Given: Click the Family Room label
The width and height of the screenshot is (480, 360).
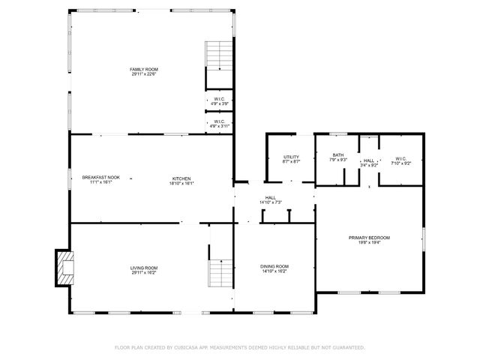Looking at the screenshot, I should tap(144, 69).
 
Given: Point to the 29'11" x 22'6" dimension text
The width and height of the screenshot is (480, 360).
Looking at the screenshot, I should tap(144, 73).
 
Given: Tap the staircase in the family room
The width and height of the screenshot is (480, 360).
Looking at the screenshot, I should tap(219, 54).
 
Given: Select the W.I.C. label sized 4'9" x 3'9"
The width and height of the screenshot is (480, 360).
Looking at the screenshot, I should tap(219, 99).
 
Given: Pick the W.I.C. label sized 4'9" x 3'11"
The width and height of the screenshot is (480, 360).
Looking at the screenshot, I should tap(219, 121).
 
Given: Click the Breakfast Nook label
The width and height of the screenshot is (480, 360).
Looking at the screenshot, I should tap(100, 177).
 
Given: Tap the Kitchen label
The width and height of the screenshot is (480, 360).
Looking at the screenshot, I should tap(181, 177).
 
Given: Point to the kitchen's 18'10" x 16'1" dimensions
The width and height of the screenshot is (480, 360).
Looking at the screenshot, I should tap(181, 182).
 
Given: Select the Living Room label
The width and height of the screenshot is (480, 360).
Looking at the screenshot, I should tap(144, 266).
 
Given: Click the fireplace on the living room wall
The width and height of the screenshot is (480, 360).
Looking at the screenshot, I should tap(64, 268).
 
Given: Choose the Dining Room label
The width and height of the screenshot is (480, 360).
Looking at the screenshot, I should tap(274, 266).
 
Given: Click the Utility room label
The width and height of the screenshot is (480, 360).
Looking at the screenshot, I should tap(291, 156).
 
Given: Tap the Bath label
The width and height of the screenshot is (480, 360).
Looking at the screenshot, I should tap(338, 155).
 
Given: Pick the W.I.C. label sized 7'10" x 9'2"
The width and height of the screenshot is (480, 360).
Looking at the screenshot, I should tap(400, 157).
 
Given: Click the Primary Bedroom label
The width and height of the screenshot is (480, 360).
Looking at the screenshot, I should tap(369, 238).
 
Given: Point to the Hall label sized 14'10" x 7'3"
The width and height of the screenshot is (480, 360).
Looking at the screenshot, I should tap(270, 198).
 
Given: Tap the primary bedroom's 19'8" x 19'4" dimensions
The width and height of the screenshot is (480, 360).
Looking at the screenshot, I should tap(369, 242).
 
